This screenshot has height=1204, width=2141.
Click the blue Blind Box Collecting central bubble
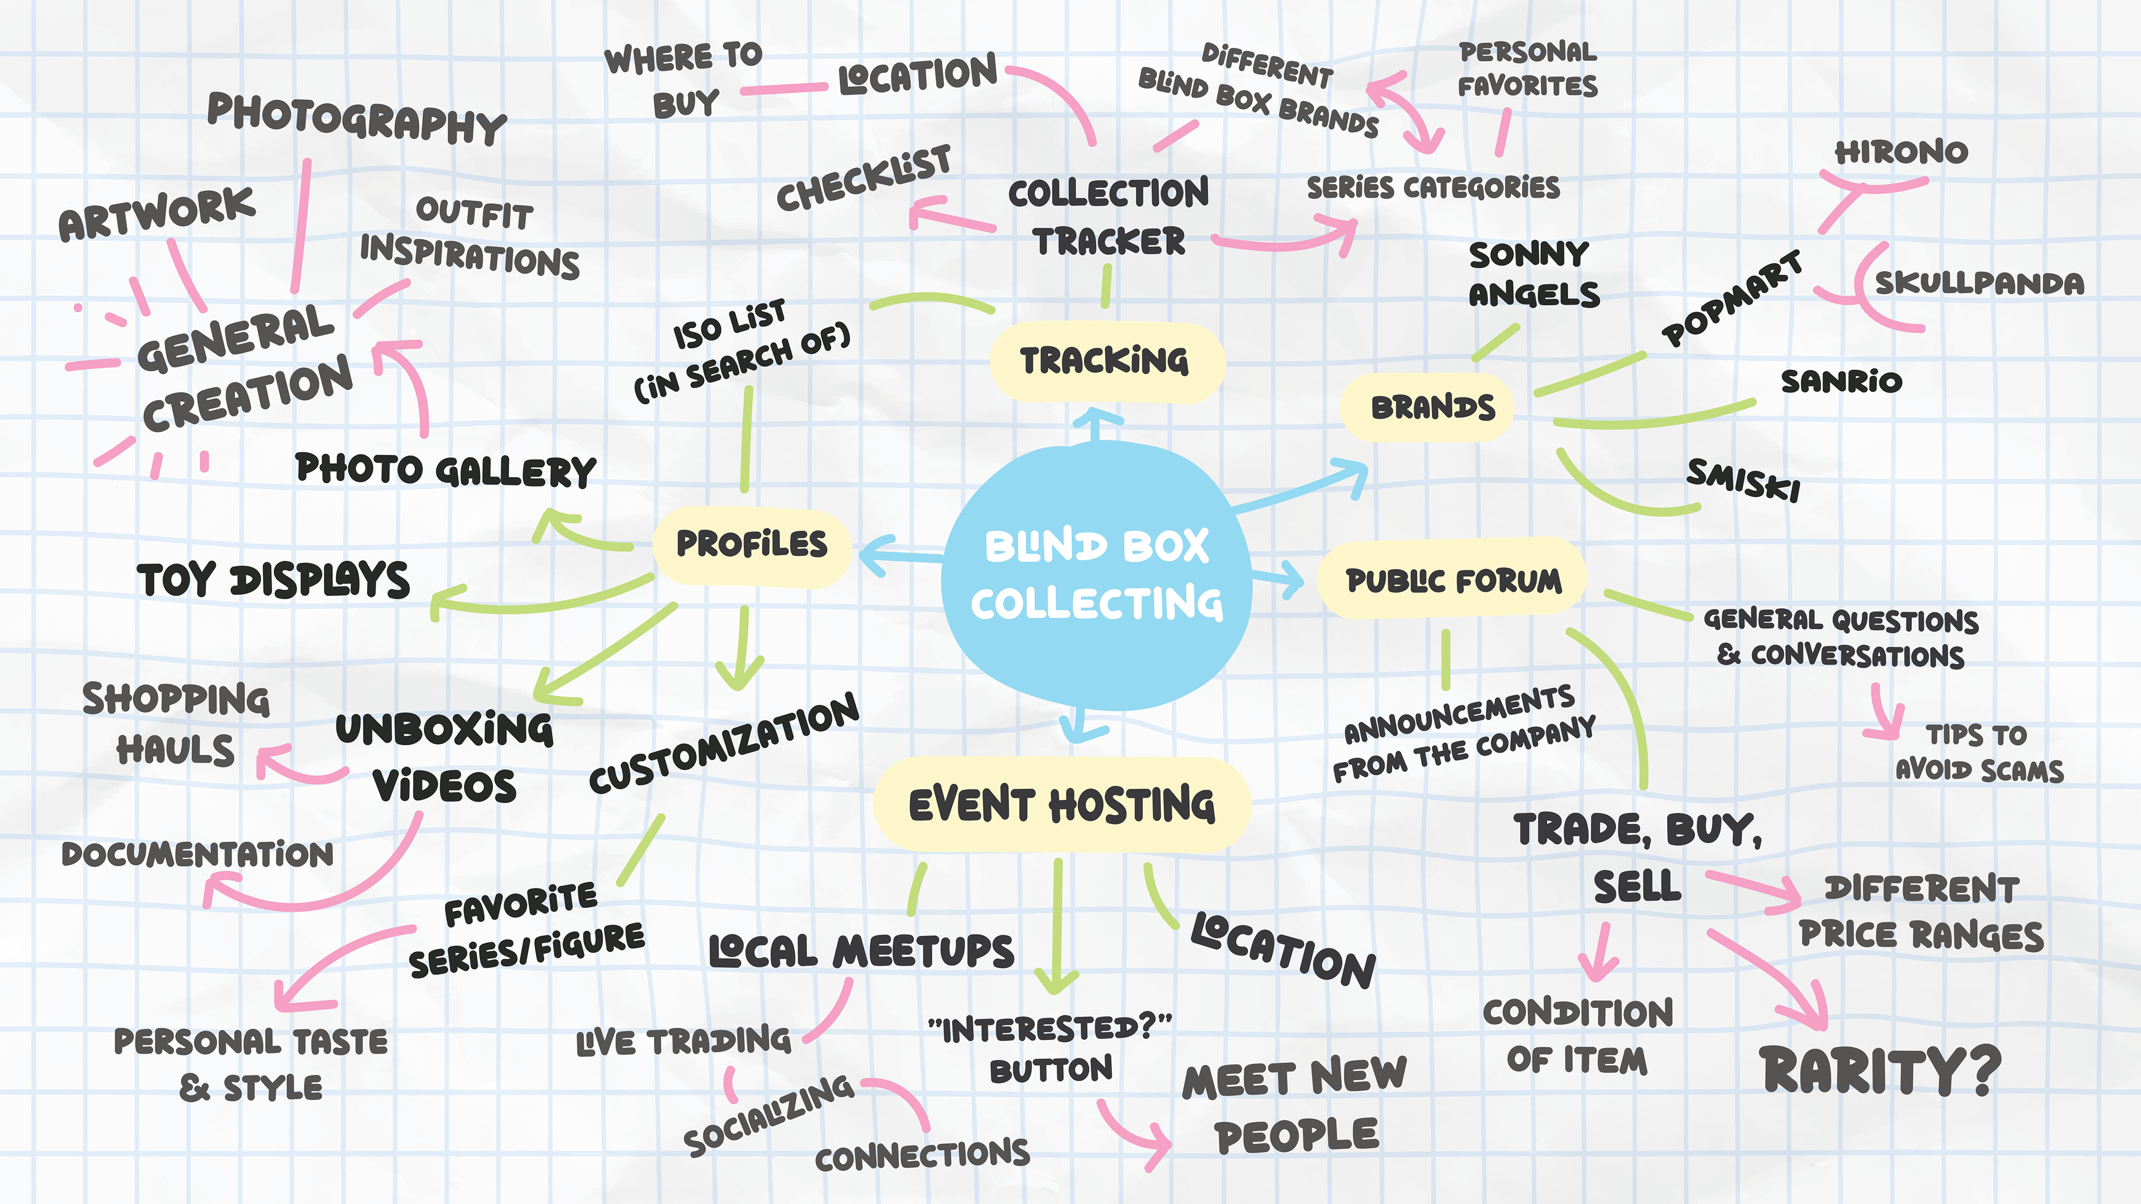[x=1096, y=575]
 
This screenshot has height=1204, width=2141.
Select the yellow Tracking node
[x=1106, y=361]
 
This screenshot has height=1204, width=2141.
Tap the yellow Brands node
[x=1431, y=407]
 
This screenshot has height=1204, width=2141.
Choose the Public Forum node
[x=1453, y=580]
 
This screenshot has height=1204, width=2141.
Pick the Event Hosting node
[x=1062, y=804]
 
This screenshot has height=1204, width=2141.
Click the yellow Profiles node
[x=752, y=544]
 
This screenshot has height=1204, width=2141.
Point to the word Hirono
[x=1901, y=152]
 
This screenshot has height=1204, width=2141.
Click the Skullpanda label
[x=1979, y=283]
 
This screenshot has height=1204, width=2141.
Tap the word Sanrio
[x=1841, y=381]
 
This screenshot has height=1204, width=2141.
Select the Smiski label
[x=1743, y=479]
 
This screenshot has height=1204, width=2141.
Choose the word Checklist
[x=864, y=178]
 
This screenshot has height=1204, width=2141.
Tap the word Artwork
[x=156, y=213]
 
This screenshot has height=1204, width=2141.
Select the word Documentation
[x=198, y=854]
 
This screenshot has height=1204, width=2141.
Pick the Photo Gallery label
[x=445, y=470]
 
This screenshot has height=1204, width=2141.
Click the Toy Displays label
[x=273, y=580]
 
